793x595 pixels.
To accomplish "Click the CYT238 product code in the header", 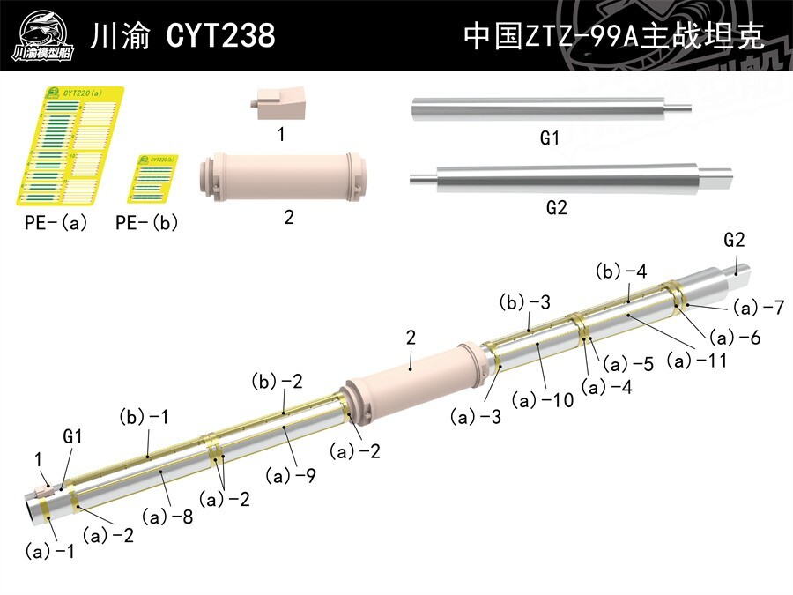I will click(x=220, y=36).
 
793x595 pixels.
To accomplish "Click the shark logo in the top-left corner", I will click(x=42, y=35).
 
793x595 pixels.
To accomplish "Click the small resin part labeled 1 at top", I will click(x=281, y=104).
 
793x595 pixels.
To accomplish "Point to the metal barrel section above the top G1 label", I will click(x=549, y=109).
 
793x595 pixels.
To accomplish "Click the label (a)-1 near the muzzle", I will click(x=49, y=552).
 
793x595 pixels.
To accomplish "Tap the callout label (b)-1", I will click(x=143, y=416).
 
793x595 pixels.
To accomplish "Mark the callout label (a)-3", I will click(x=476, y=416).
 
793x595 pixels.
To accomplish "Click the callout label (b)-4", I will click(x=621, y=271).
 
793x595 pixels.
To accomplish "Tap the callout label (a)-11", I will click(x=697, y=360).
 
